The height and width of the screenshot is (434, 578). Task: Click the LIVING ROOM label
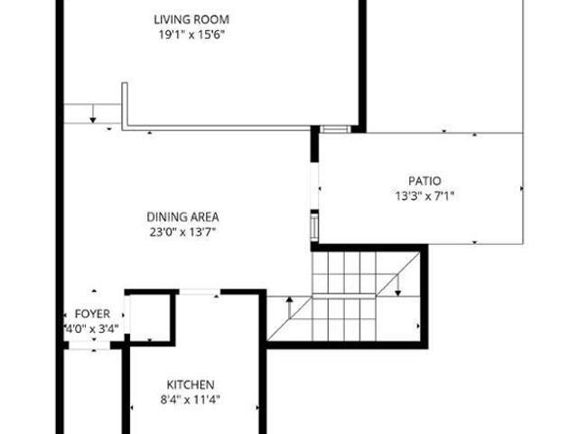click(x=191, y=19)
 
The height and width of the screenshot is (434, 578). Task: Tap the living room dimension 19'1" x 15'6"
click(x=191, y=34)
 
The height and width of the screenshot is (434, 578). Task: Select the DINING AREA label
click(x=182, y=217)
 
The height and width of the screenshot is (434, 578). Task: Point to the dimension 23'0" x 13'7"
click(x=182, y=232)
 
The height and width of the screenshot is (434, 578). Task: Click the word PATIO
click(x=424, y=181)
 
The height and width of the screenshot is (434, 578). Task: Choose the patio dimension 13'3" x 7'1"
click(x=424, y=196)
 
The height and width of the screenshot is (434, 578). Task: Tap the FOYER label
click(x=92, y=314)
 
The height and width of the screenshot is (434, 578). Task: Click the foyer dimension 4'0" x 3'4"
click(x=92, y=328)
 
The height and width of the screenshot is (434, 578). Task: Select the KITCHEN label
click(x=191, y=384)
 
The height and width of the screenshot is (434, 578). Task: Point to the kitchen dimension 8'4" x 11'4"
click(x=191, y=400)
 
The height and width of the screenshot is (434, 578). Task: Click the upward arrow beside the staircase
click(x=290, y=307)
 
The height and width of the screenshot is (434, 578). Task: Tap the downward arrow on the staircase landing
click(x=397, y=286)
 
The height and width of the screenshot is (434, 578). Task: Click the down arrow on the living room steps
click(x=93, y=114)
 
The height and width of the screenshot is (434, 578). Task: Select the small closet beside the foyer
click(x=150, y=318)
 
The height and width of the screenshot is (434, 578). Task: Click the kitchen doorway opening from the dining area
click(x=200, y=292)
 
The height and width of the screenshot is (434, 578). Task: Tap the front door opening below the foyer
click(x=89, y=345)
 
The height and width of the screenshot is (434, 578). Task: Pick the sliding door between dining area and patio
click(x=314, y=185)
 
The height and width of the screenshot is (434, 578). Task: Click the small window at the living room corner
click(x=335, y=128)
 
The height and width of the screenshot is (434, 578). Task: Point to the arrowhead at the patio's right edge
click(x=522, y=189)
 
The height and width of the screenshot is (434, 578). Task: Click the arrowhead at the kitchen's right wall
click(x=257, y=408)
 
